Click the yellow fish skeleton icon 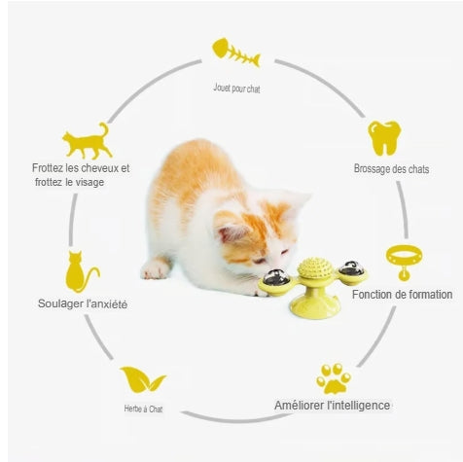coord(235,53)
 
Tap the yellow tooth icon coord(384,138)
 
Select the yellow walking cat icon coord(87,141)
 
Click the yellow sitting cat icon coord(81,271)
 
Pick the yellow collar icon coord(404,262)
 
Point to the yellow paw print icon coord(334,378)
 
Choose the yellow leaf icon coord(143,379)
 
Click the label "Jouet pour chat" coord(236,88)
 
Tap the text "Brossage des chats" coord(391,169)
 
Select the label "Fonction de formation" coord(402,295)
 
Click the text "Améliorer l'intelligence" coord(332,406)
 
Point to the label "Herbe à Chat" coord(143,409)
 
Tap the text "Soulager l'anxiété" coord(83,303)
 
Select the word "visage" coord(89,182)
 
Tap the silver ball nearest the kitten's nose coord(276,277)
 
